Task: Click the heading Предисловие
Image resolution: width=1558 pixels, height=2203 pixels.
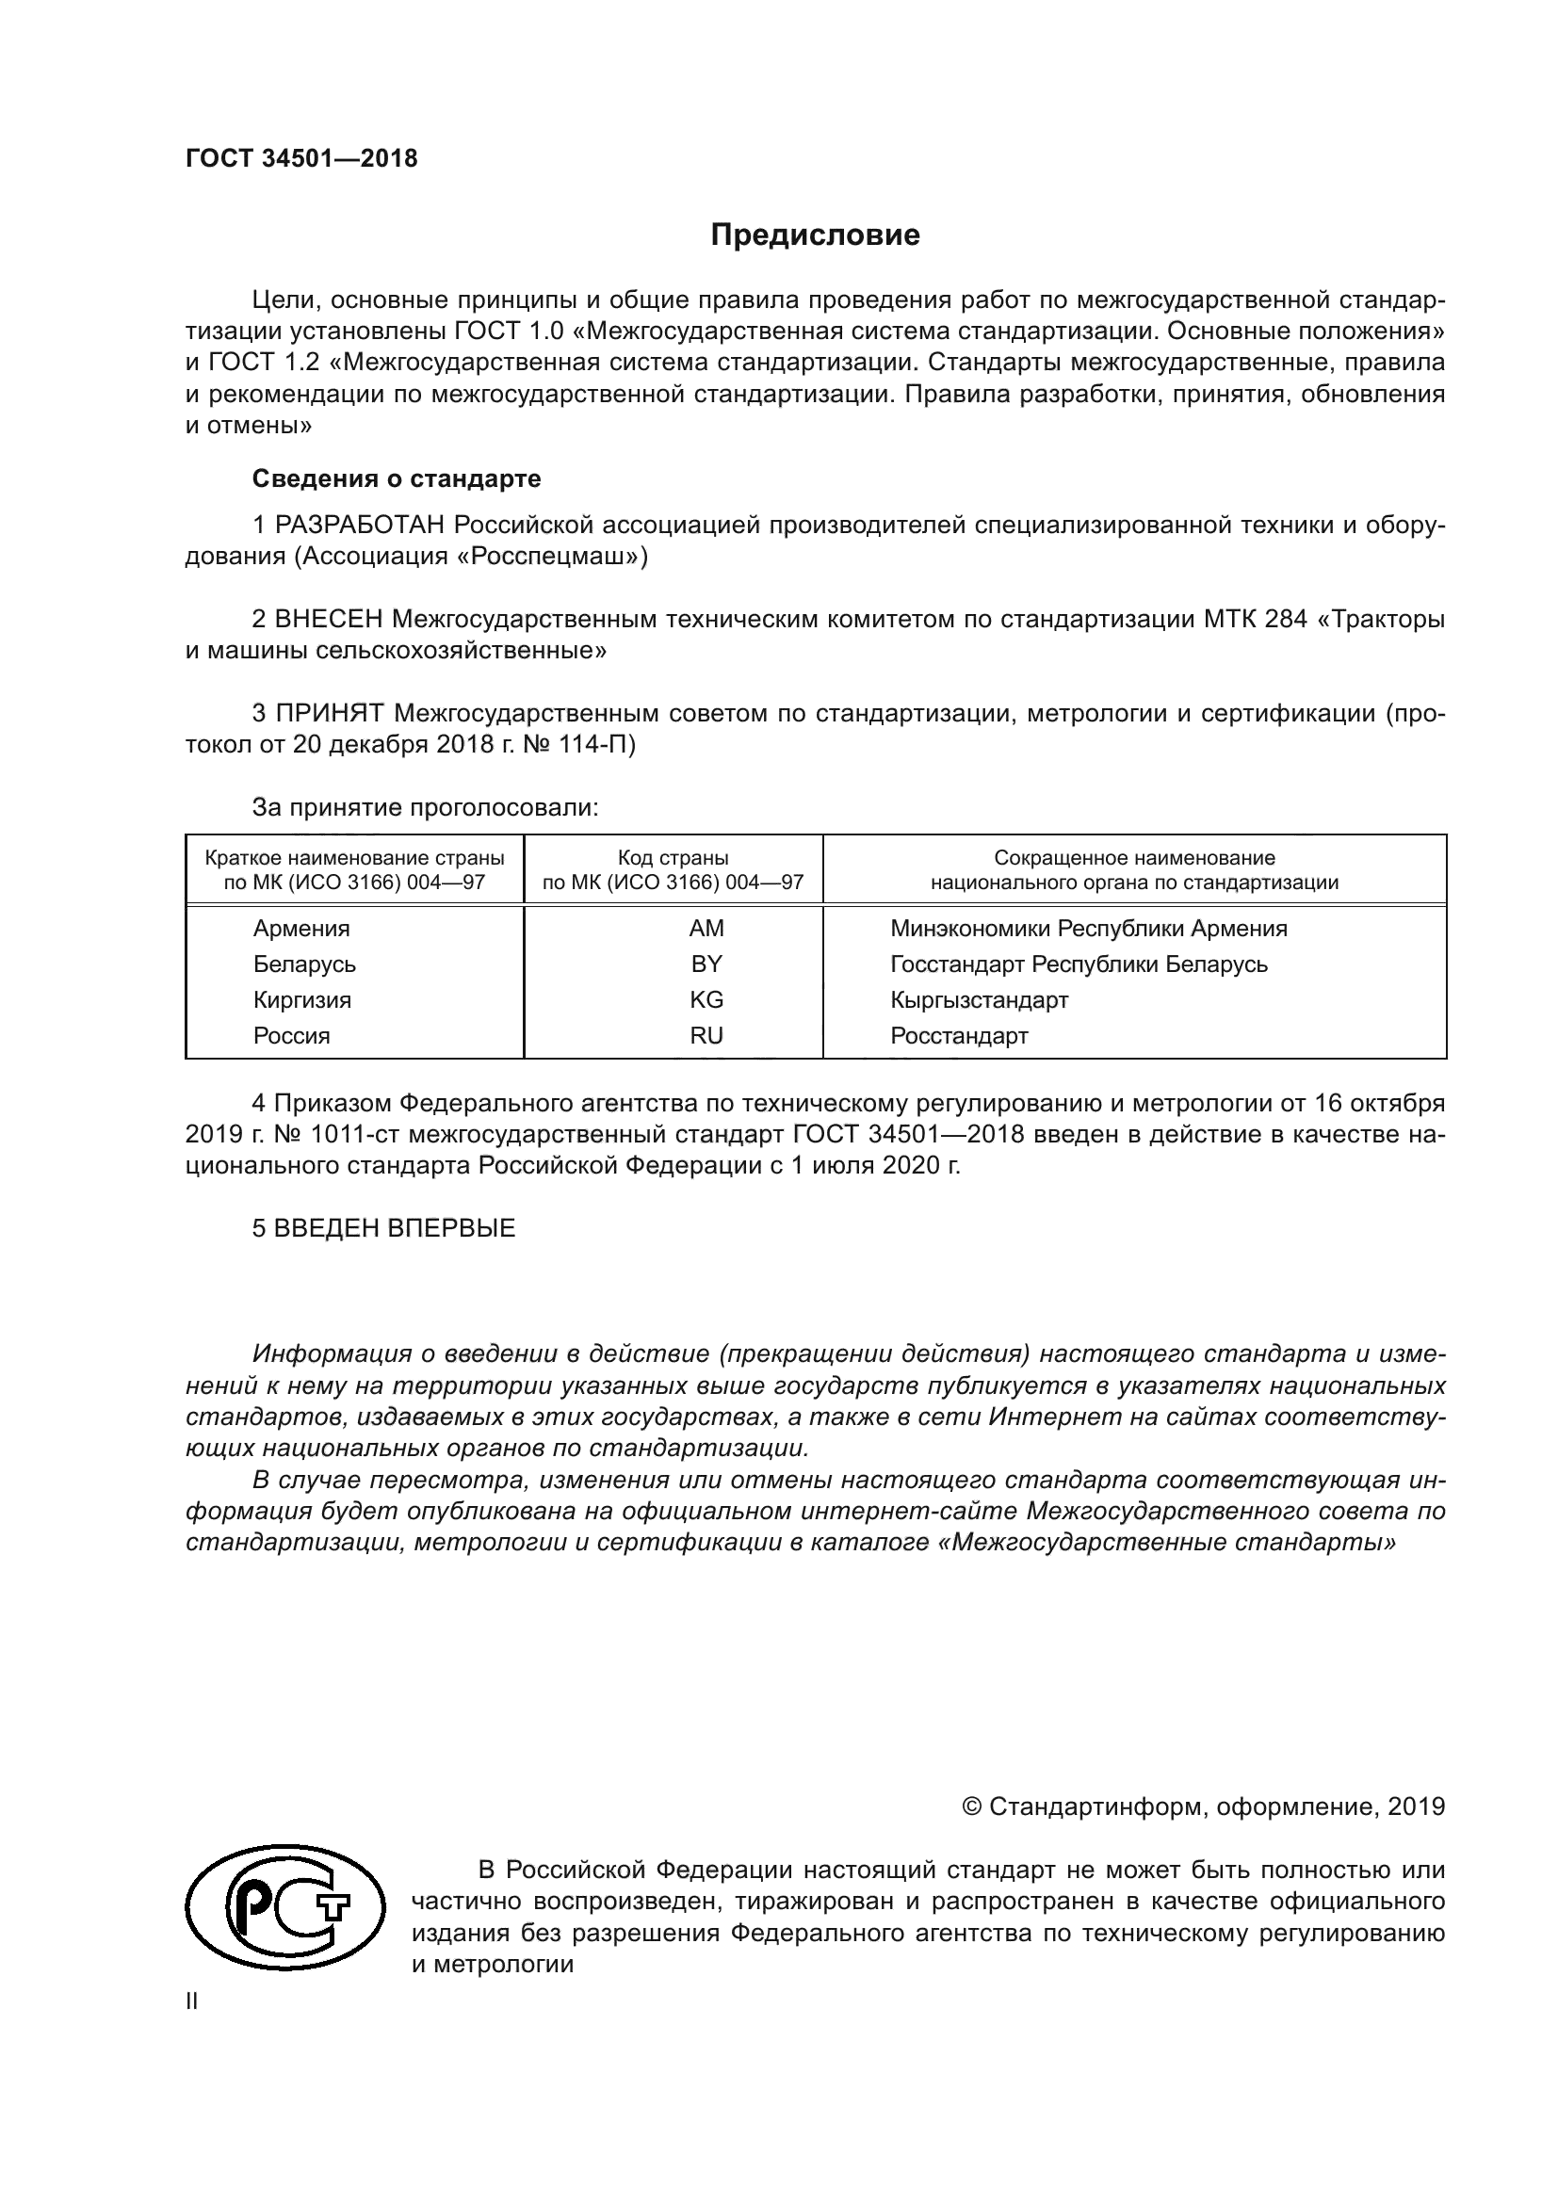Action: coord(815,235)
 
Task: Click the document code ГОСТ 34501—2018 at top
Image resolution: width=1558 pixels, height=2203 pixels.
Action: coord(301,159)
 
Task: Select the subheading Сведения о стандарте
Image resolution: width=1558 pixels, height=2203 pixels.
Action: coord(397,478)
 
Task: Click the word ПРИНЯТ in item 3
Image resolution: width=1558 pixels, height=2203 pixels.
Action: coord(330,713)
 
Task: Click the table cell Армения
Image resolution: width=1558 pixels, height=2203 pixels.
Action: coord(301,928)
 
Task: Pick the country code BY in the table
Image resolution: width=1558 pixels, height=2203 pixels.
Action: coord(706,964)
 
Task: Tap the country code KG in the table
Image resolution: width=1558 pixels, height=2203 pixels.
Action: coord(706,1000)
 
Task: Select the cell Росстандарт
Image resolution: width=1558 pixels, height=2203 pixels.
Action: coord(958,1035)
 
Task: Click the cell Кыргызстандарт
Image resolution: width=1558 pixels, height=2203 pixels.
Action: coord(979,1000)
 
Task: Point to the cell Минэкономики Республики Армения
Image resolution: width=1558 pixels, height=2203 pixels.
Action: coord(1088,928)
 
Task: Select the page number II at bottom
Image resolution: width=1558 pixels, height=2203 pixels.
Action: coord(191,2001)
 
